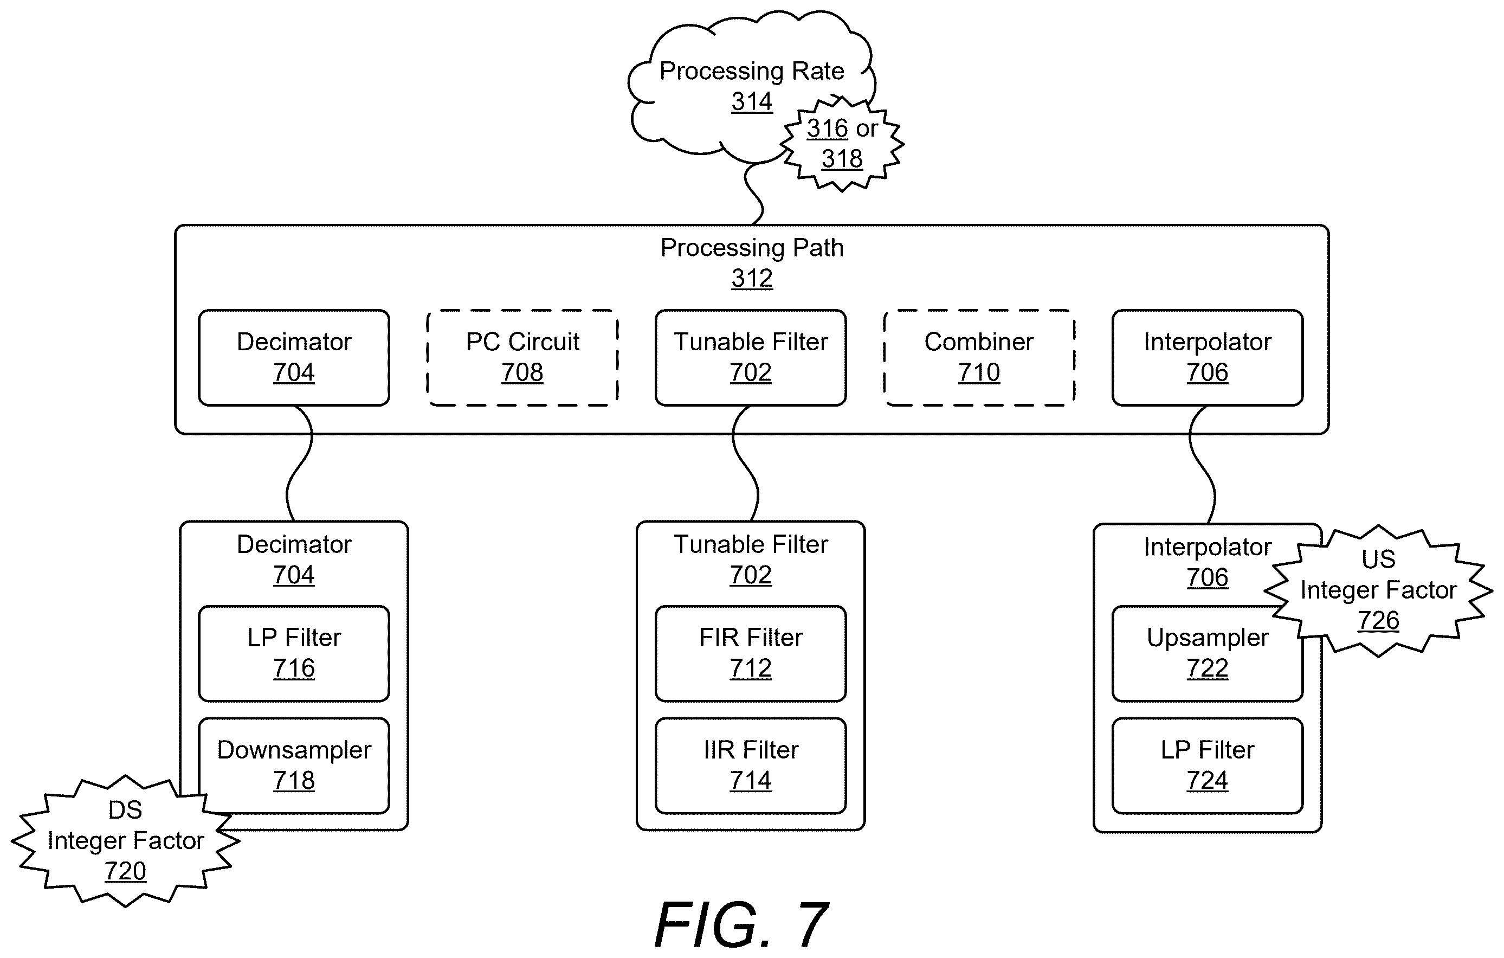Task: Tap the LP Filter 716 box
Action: point(294,653)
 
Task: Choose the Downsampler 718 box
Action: point(294,765)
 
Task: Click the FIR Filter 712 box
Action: point(750,653)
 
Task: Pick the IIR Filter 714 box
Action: point(750,765)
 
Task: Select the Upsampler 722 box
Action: point(1206,653)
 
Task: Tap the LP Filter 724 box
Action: point(1206,765)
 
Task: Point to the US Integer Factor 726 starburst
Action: point(1378,590)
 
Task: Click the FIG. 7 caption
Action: point(742,924)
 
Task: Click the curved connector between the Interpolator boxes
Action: point(1202,465)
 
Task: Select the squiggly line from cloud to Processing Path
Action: point(754,194)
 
